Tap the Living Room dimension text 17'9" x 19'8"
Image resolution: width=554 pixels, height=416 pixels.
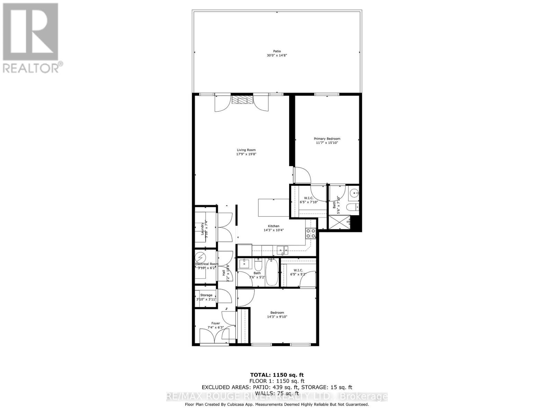tap(246, 154)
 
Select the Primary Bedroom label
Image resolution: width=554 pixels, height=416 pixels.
tap(327, 139)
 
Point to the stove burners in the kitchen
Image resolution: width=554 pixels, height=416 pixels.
tap(311, 233)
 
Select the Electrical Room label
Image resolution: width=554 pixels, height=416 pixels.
tap(207, 264)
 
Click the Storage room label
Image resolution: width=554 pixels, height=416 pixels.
tap(206, 295)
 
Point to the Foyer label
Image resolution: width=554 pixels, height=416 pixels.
tap(215, 323)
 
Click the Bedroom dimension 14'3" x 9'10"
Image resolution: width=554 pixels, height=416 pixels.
tap(277, 317)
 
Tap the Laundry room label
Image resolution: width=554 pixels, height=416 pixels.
tap(203, 228)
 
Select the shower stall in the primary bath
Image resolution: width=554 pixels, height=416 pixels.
tap(338, 223)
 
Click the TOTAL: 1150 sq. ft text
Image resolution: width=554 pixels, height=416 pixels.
tap(277, 375)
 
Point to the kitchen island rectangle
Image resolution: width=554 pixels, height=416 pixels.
tap(274, 207)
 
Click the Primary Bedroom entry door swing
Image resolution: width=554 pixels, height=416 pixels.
tap(302, 175)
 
